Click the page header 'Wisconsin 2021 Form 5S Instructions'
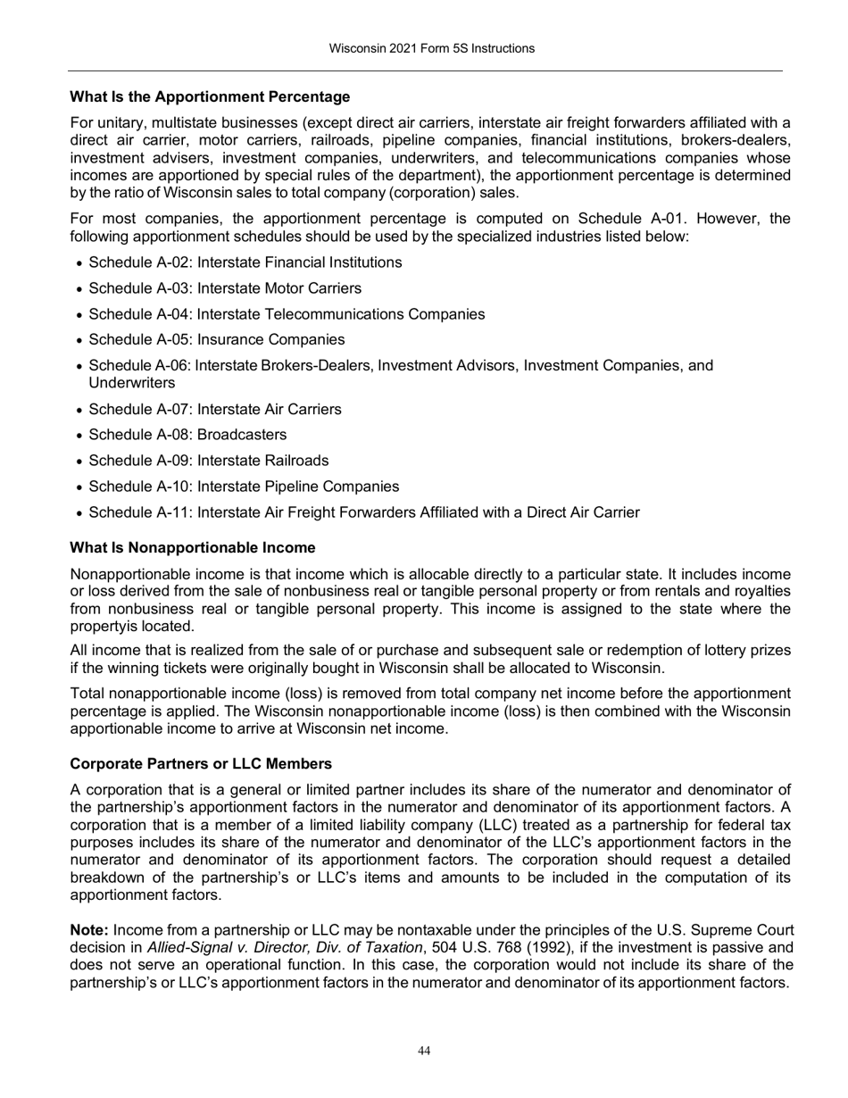click(x=431, y=48)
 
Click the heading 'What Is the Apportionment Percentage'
click(x=210, y=96)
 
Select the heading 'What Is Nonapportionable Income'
click(x=192, y=547)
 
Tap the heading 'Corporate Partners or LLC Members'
click(x=201, y=764)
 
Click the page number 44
click(x=424, y=1052)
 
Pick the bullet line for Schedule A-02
click(x=245, y=262)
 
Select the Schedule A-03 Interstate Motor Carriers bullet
click(x=225, y=288)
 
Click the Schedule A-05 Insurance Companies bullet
click(x=217, y=340)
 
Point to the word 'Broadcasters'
click(x=242, y=436)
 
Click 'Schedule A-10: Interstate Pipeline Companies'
click(x=244, y=487)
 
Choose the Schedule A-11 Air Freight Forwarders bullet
click(x=364, y=513)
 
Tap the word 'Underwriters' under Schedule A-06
click(x=131, y=383)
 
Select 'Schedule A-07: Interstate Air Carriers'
click(x=215, y=410)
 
